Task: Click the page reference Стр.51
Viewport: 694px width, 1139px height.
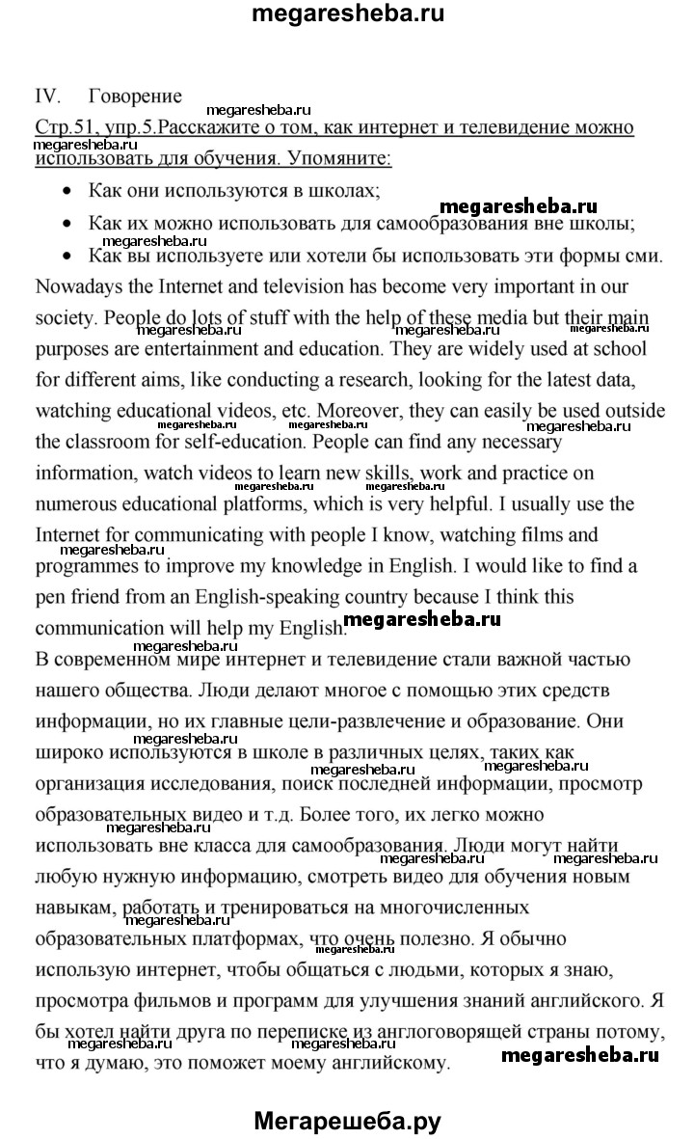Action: pyautogui.click(x=66, y=127)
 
